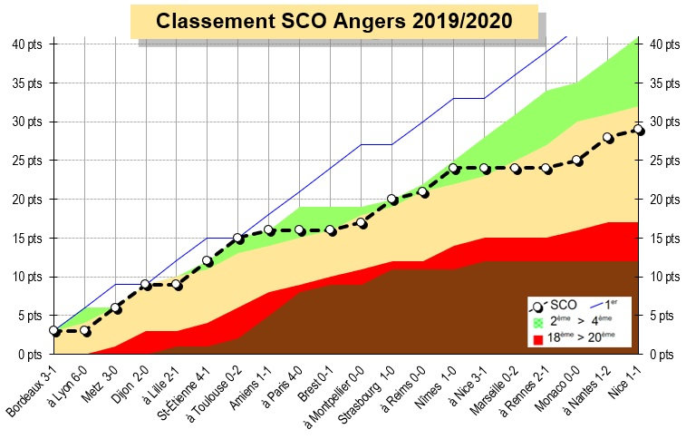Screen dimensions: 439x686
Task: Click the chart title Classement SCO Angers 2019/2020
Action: pyautogui.click(x=333, y=21)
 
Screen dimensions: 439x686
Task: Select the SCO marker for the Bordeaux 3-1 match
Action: pyautogui.click(x=54, y=331)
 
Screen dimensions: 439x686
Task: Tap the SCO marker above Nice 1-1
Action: pyautogui.click(x=639, y=130)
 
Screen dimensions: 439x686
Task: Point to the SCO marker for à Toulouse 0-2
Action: pyautogui.click(x=238, y=238)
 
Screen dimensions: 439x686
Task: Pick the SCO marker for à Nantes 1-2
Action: pyautogui.click(x=608, y=138)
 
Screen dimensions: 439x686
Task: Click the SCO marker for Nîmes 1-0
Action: pyautogui.click(x=454, y=169)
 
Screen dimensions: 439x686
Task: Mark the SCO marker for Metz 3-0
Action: pyautogui.click(x=116, y=307)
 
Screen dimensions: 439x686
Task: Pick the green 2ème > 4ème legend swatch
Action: pyautogui.click(x=538, y=322)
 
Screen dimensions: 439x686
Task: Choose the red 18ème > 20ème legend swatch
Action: pyautogui.click(x=538, y=338)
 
